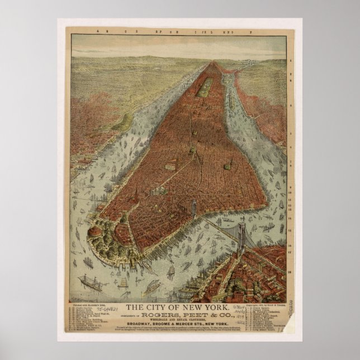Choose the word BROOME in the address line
tap(165, 324)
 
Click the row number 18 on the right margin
tap(289, 271)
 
